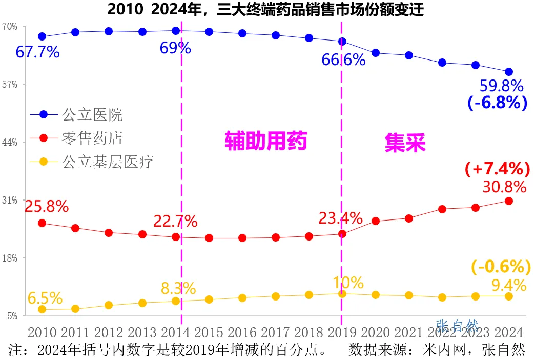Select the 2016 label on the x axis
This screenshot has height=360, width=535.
pyautogui.click(x=242, y=332)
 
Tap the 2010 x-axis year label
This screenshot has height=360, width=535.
pyautogui.click(x=42, y=332)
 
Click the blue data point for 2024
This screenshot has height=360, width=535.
pyautogui.click(x=508, y=72)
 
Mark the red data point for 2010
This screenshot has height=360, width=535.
pyautogui.click(x=42, y=223)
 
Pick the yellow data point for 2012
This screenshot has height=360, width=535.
pyautogui.click(x=109, y=305)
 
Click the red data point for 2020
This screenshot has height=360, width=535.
pyautogui.click(x=375, y=221)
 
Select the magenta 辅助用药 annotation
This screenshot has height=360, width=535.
pyautogui.click(x=266, y=140)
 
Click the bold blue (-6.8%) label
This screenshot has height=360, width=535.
pyautogui.click(x=497, y=103)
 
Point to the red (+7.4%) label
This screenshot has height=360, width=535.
pyautogui.click(x=497, y=168)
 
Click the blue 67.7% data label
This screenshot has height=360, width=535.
pyautogui.click(x=38, y=52)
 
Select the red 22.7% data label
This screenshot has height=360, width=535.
pyautogui.click(x=175, y=222)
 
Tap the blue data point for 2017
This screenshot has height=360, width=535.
pyautogui.click(x=275, y=35)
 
